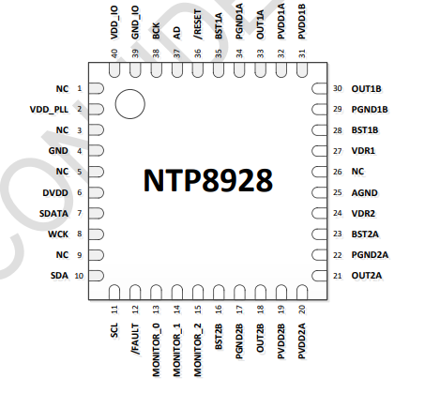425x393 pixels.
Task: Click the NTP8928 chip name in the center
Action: (x=208, y=180)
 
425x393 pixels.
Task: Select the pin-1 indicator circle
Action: (x=130, y=90)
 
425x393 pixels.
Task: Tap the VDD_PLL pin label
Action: (x=49, y=110)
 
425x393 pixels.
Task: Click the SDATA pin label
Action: (x=53, y=214)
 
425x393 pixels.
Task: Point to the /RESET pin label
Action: (x=198, y=24)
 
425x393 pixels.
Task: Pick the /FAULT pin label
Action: (x=135, y=340)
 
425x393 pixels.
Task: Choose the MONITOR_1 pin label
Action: (x=177, y=350)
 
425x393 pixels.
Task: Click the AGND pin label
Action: (x=364, y=193)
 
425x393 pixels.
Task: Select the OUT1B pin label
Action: (x=366, y=89)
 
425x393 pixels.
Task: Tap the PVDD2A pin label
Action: (x=302, y=340)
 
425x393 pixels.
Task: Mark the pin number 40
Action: (x=114, y=53)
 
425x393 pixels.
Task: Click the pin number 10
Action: (x=79, y=276)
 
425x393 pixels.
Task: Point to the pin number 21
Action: (x=338, y=276)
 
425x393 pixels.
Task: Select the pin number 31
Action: (x=302, y=53)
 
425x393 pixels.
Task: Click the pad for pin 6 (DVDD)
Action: (x=96, y=192)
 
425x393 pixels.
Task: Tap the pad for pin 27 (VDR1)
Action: (x=319, y=151)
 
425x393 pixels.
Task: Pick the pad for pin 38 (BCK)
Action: (x=156, y=70)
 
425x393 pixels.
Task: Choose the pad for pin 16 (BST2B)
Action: (x=219, y=293)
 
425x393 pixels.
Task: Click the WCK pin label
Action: (x=58, y=234)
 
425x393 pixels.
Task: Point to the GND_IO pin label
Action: (x=135, y=23)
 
